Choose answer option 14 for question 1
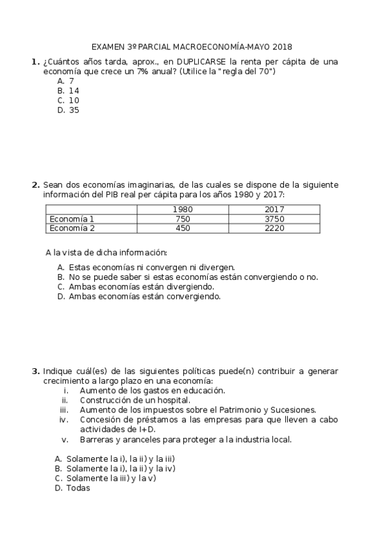[74, 91]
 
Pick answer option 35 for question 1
[74, 109]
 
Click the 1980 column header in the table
[183, 209]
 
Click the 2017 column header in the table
[274, 209]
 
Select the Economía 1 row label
[72, 218]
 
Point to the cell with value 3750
[274, 218]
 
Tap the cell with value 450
[183, 227]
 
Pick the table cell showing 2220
[274, 227]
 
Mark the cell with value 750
[183, 218]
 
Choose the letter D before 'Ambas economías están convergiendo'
[60, 296]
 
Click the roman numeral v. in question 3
[65, 439]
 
